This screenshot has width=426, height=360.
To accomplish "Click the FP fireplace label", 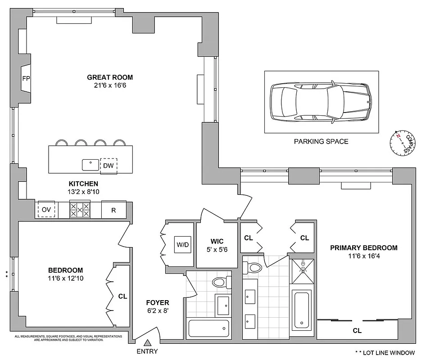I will (25, 77).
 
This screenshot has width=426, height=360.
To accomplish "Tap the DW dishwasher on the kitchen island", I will (108, 166).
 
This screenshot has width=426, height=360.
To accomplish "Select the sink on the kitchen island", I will (91, 165).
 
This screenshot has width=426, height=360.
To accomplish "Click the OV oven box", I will (47, 210).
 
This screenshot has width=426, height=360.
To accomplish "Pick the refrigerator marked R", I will (113, 210).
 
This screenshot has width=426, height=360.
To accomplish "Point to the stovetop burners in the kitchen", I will (80, 210).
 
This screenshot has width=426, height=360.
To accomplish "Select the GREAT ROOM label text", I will (110, 77).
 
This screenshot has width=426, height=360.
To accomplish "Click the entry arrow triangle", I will (147, 343).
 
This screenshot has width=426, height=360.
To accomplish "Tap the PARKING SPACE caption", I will (321, 141).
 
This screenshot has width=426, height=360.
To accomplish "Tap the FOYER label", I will (157, 303).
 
